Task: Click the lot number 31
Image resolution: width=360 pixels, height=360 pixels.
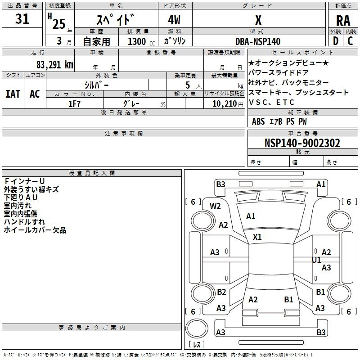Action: point(22,18)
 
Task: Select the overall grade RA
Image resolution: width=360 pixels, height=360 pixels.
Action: point(343,21)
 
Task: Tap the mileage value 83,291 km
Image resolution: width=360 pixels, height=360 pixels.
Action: point(55,65)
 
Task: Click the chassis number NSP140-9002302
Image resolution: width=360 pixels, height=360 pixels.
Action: point(302,143)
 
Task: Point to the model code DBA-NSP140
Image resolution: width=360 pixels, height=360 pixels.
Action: point(258,41)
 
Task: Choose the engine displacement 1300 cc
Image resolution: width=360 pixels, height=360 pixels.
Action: point(141,41)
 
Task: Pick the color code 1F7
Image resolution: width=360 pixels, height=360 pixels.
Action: point(74,104)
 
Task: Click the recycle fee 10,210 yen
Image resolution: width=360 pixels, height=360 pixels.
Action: point(228,104)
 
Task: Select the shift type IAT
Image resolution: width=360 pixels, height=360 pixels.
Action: point(13,94)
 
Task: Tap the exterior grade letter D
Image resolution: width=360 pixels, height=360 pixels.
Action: point(336,41)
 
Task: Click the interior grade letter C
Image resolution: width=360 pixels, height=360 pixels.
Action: point(350,41)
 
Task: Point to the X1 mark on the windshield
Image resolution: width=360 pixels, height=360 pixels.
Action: point(257,237)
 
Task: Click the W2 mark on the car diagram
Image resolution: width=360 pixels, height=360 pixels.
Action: point(215,206)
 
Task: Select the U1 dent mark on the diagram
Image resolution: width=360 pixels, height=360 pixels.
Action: point(317,260)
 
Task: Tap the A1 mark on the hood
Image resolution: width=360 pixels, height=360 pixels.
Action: point(251,216)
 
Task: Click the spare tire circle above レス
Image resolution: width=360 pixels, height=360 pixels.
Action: point(197,328)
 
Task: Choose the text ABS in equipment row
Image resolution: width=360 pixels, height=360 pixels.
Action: point(258,121)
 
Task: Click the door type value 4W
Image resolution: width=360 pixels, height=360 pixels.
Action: point(174,20)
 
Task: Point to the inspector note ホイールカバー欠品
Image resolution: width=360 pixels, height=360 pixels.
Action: point(35,230)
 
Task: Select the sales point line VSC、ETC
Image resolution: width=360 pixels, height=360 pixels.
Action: point(271,102)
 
